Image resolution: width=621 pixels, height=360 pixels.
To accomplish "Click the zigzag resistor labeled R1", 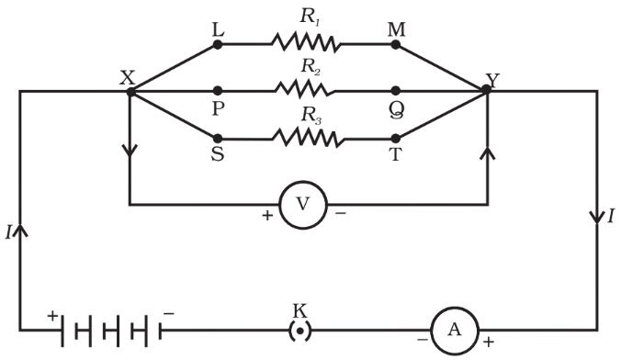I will [x=305, y=42].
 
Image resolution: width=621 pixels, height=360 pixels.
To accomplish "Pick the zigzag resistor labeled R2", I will [x=305, y=90].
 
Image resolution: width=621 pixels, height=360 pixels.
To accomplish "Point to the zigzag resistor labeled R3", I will [x=305, y=140].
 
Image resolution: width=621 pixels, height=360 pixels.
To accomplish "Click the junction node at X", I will [x=130, y=91].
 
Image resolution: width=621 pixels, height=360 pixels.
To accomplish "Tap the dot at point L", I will [x=218, y=42].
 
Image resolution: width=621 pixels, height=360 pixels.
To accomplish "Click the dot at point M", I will [x=396, y=42].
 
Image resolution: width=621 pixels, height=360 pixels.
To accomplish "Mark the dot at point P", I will [x=218, y=91].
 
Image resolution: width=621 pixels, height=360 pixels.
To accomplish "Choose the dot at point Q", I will [x=396, y=91].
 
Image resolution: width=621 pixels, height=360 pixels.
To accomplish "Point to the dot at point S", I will [x=218, y=140].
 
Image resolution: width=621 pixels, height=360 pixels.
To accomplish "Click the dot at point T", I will [x=396, y=140].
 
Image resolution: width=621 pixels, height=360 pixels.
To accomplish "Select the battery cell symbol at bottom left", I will [x=107, y=329].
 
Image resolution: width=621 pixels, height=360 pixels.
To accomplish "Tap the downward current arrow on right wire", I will [x=595, y=215].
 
